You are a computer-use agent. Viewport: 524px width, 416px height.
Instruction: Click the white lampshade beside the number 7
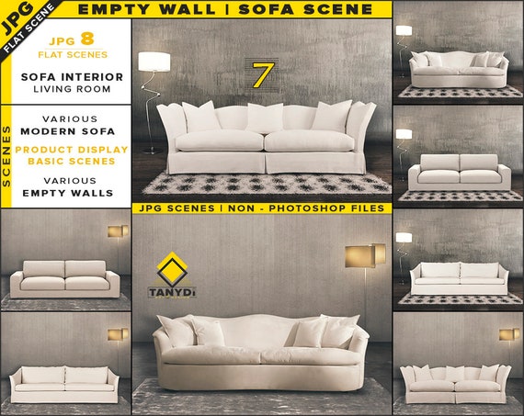click(154, 62)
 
